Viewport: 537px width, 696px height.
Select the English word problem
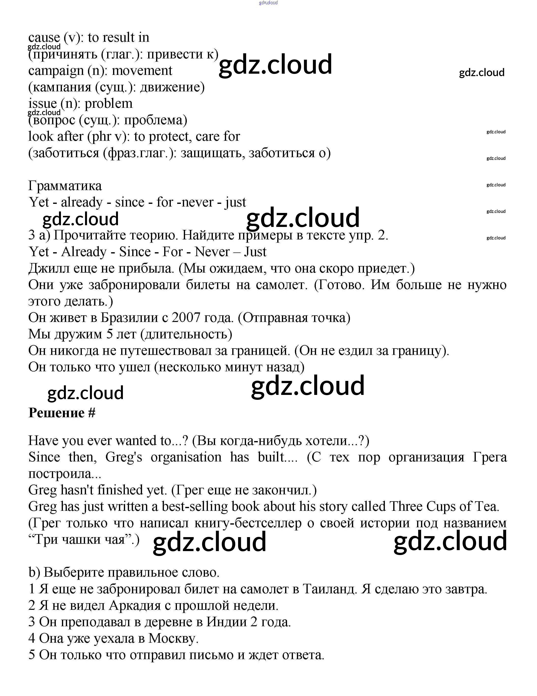[108, 104]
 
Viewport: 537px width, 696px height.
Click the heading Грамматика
[65, 186]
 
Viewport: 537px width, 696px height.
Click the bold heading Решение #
[62, 413]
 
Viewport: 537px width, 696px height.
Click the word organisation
[186, 457]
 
